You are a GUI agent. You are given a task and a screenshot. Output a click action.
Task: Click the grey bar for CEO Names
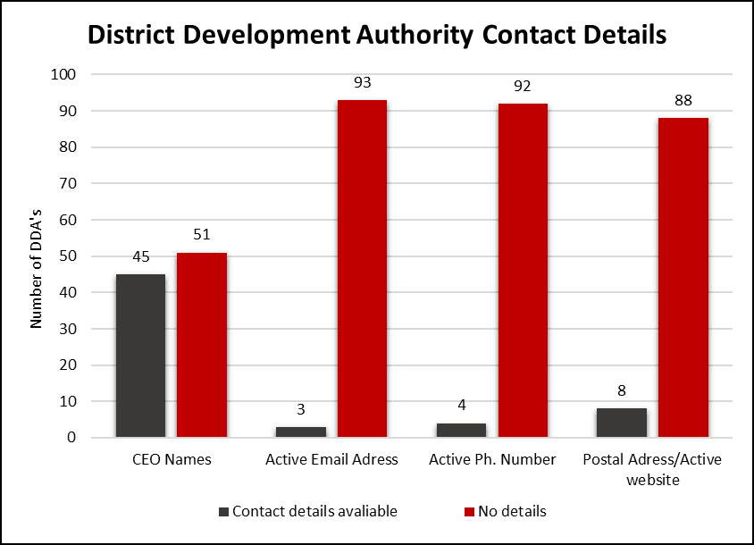[140, 356]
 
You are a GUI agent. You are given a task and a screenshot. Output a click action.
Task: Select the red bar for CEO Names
[201, 345]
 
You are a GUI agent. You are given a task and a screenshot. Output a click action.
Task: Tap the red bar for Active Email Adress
[362, 268]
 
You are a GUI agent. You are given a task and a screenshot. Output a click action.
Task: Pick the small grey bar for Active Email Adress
[301, 432]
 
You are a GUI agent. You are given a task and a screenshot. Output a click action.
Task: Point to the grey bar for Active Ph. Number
[461, 431]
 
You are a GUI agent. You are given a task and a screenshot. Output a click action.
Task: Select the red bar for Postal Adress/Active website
[683, 277]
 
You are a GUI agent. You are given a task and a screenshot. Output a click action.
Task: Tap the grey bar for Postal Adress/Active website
[622, 423]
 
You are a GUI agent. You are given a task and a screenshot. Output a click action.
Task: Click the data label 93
[363, 83]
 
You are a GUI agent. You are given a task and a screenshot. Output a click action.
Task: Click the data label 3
[301, 410]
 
